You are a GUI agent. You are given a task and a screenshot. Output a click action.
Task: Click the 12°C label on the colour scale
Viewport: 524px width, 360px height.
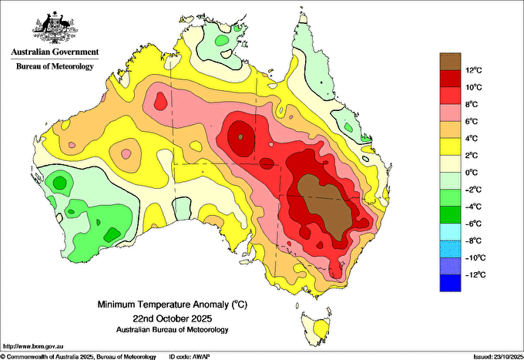(474, 70)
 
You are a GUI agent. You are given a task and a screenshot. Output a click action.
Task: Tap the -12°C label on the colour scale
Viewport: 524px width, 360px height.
(475, 274)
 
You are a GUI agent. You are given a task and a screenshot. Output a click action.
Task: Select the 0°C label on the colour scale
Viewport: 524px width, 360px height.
(471, 173)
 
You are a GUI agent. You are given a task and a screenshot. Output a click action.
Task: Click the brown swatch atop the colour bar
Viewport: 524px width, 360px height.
(450, 62)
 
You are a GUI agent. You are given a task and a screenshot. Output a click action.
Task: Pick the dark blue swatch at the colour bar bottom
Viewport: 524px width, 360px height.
(450, 283)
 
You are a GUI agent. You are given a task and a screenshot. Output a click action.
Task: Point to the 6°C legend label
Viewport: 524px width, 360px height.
(471, 121)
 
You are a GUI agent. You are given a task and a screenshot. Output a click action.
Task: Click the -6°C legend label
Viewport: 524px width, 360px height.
(473, 224)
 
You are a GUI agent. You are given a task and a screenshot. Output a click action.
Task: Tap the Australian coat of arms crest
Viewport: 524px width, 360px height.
(55, 28)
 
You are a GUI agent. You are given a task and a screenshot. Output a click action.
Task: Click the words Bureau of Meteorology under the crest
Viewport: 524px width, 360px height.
(55, 66)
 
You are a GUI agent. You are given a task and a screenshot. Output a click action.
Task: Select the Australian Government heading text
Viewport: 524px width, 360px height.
(55, 52)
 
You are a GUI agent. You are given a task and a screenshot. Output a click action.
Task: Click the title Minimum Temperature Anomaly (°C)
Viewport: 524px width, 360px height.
(173, 304)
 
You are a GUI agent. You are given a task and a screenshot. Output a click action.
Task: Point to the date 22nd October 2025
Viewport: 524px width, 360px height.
(173, 318)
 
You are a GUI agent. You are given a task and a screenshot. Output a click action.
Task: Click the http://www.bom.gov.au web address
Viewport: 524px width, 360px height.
(33, 346)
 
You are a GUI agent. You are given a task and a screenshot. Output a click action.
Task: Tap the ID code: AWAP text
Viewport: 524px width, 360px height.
(190, 357)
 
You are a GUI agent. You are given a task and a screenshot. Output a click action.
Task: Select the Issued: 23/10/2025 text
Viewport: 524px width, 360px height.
(499, 357)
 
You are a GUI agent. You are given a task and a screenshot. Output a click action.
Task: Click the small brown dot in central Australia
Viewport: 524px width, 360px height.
(240, 136)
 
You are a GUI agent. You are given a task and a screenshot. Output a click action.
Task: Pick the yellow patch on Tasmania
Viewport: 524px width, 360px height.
(322, 329)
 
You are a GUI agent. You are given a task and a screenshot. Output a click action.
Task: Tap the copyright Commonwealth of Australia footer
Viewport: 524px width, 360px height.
(79, 357)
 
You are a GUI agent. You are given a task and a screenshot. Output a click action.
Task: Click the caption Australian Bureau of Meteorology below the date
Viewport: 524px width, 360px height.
(173, 330)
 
